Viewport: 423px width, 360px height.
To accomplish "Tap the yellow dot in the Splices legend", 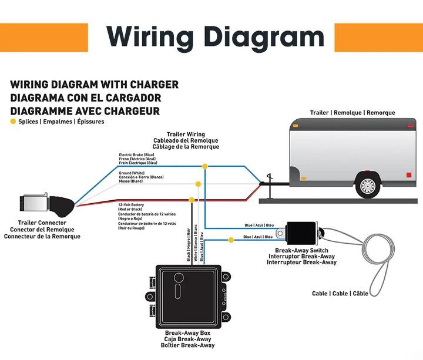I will pos(13,122).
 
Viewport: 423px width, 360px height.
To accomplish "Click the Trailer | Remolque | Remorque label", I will pos(352,113).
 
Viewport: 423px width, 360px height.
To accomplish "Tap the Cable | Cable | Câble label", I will pos(340,294).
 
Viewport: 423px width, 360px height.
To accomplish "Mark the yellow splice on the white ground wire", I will pos(198,184).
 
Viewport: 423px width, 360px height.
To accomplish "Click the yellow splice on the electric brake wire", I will pos(204,166).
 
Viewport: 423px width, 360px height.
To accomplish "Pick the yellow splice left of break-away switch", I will pos(231,240).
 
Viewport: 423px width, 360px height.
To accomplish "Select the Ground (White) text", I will pos(132,173).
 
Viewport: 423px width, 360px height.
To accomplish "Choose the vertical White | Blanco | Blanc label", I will pos(196,244).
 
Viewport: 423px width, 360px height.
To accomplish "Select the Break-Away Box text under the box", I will pos(189,333).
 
